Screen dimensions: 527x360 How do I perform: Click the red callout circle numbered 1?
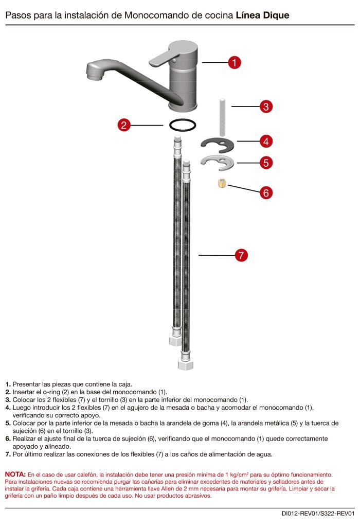click(234, 63)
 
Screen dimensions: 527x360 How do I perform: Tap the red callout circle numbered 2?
click(124, 125)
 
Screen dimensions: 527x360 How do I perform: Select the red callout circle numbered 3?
click(265, 107)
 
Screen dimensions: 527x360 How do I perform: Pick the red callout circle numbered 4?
click(265, 140)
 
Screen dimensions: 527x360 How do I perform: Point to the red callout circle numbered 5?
click(265, 163)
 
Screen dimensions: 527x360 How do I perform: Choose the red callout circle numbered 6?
click(265, 193)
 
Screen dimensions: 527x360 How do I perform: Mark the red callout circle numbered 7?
click(241, 255)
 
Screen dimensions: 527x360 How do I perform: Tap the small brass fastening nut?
click(221, 183)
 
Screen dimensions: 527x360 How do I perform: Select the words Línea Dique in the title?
click(262, 15)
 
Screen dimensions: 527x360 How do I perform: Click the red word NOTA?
click(15, 474)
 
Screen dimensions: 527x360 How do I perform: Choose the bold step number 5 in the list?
click(8, 423)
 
